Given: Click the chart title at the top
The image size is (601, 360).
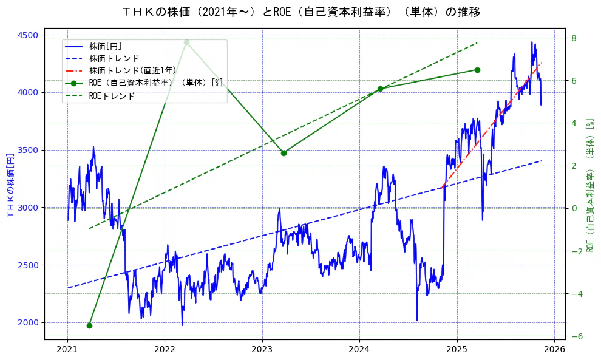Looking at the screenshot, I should point(301,12).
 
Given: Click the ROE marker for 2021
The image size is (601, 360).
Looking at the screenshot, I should point(89,325).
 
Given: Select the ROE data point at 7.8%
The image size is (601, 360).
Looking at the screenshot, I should point(186,42).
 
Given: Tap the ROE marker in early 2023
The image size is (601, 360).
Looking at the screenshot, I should point(284,153).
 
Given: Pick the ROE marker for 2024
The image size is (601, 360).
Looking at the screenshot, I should point(380,89).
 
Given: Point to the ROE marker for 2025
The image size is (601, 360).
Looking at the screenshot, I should point(477,70).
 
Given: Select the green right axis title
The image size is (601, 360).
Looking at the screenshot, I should point(590,185).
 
